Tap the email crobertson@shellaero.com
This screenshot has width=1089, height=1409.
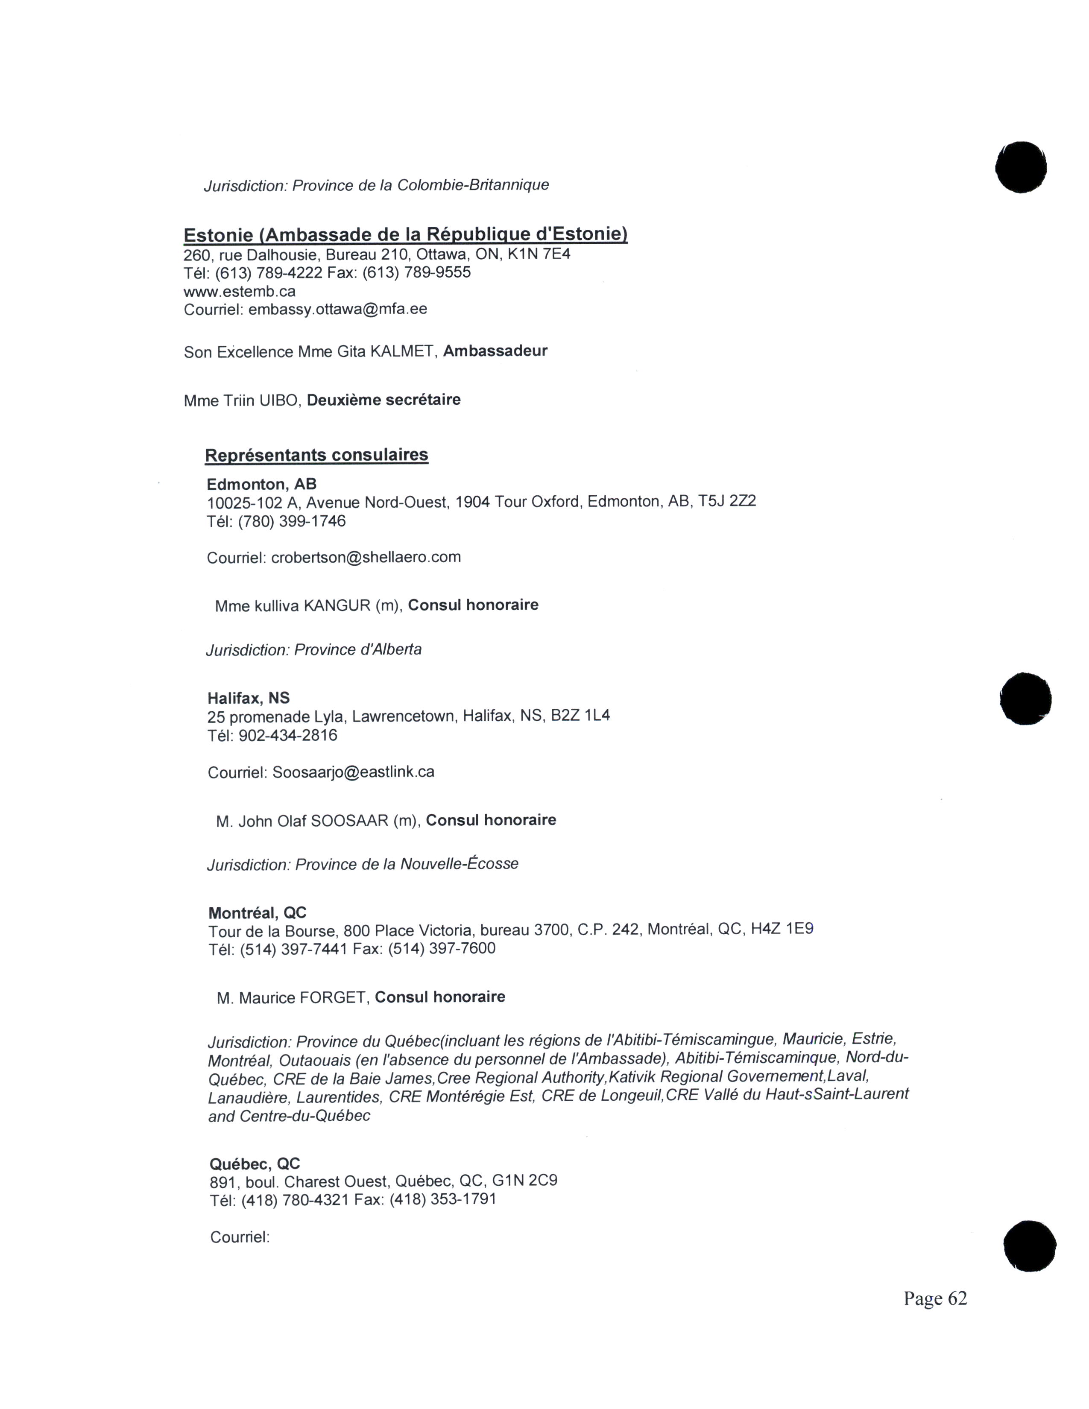tap(366, 557)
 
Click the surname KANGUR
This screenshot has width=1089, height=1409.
tap(337, 606)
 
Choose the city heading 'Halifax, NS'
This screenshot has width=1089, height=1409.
tap(249, 698)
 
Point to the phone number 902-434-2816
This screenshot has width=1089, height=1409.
tap(288, 736)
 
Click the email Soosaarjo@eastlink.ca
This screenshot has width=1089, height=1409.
tap(353, 772)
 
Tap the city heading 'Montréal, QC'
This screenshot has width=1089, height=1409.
tap(258, 913)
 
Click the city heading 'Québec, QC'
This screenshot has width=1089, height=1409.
tap(255, 1164)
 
